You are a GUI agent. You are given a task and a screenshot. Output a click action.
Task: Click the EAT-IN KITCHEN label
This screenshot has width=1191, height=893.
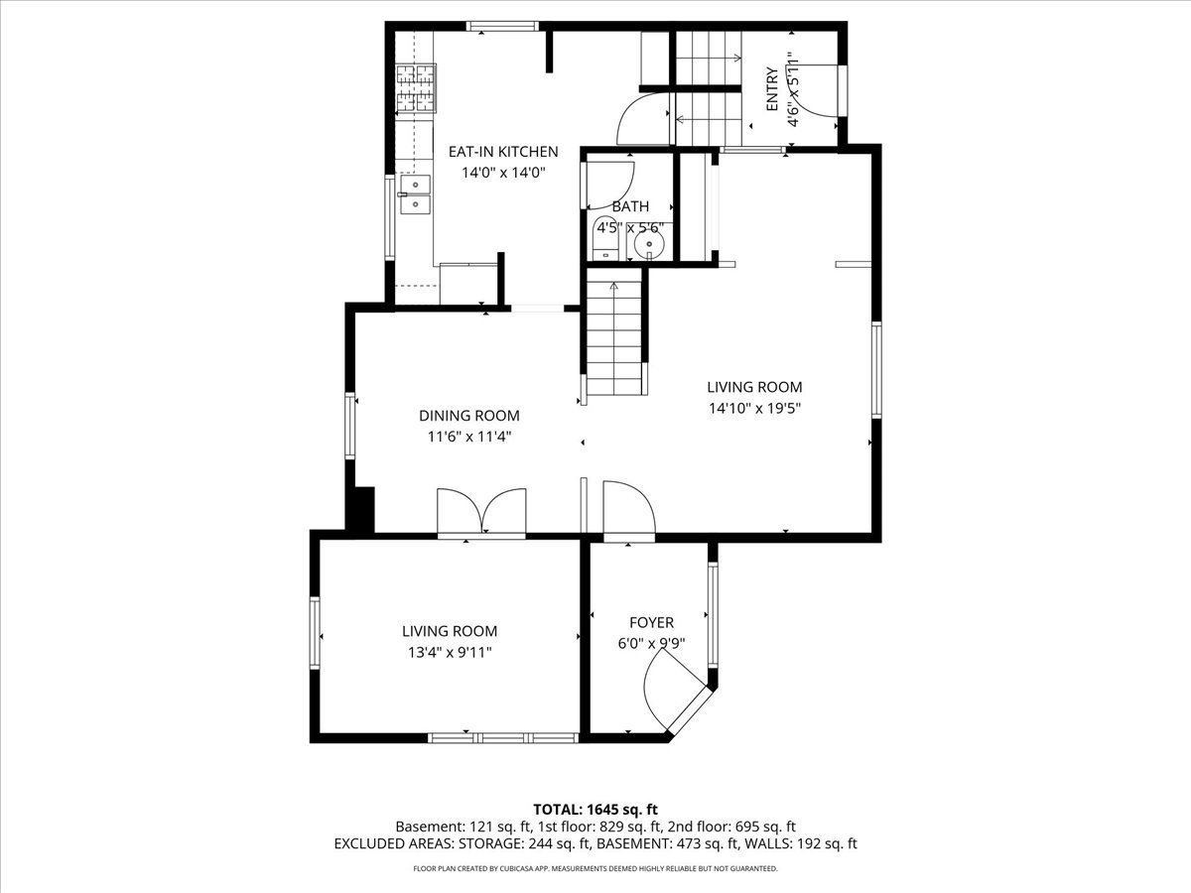[x=503, y=151]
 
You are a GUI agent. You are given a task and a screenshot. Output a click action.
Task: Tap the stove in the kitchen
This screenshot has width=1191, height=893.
[x=416, y=88]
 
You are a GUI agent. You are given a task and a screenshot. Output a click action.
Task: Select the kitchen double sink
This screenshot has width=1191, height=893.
[x=415, y=194]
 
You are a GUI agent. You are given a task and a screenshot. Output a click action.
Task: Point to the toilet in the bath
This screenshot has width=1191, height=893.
[x=606, y=238]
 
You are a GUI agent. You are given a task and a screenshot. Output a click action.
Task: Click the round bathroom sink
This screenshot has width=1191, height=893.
[x=649, y=242]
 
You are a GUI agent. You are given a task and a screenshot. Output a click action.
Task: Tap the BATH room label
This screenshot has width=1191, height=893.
[x=630, y=206]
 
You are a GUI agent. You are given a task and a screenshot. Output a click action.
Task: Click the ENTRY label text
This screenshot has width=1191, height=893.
[x=772, y=89]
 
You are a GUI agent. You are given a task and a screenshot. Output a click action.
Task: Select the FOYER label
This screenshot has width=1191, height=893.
[x=651, y=622]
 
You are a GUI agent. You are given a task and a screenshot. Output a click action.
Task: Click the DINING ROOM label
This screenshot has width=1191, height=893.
[x=468, y=416]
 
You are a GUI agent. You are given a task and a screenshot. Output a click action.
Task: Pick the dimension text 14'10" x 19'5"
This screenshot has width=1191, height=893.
[x=754, y=408]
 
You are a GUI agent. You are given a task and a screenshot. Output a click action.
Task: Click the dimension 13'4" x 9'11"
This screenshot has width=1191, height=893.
[x=450, y=652]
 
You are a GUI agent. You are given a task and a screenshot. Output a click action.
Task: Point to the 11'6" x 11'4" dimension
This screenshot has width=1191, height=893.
[x=468, y=437]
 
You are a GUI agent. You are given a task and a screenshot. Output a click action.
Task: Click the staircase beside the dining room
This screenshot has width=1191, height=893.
[x=614, y=331]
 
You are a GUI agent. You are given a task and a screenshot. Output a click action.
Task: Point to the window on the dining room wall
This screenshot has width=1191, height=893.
[x=350, y=426]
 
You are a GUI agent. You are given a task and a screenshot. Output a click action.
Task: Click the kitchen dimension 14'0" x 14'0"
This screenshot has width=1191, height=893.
[x=503, y=173]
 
